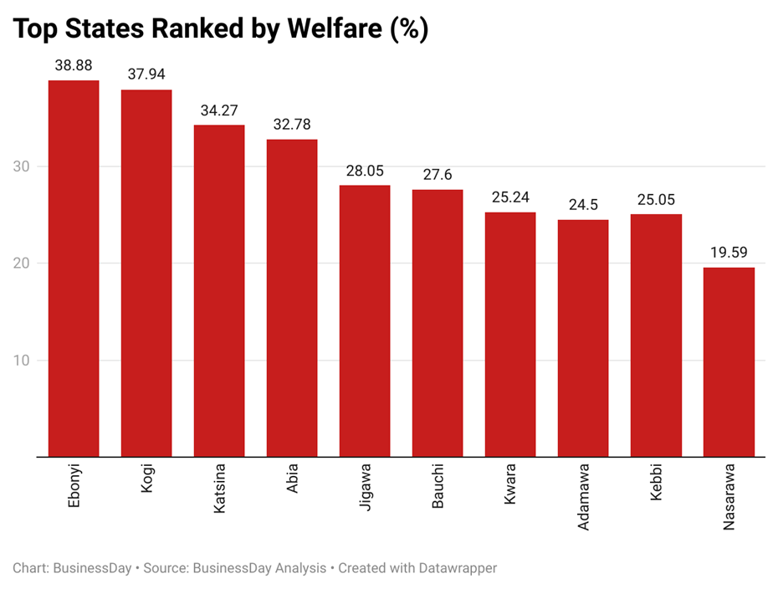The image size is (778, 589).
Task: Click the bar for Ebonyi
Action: click(x=74, y=268)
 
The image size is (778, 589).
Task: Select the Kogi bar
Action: click(x=146, y=273)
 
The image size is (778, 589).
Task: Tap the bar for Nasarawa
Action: click(x=729, y=361)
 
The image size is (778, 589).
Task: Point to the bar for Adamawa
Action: click(x=583, y=338)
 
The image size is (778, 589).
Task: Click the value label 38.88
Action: click(x=74, y=64)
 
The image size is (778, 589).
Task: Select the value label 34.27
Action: click(x=219, y=110)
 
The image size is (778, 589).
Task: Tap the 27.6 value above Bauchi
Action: click(x=438, y=174)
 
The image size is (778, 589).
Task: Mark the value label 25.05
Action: click(x=656, y=199)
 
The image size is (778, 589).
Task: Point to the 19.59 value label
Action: click(x=729, y=252)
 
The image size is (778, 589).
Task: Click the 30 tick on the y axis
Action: click(x=21, y=166)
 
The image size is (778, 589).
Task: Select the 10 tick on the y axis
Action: click(x=21, y=361)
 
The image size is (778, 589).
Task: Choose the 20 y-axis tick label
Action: click(x=21, y=264)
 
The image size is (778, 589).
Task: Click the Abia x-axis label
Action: click(x=292, y=478)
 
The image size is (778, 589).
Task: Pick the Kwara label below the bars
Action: click(x=510, y=483)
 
